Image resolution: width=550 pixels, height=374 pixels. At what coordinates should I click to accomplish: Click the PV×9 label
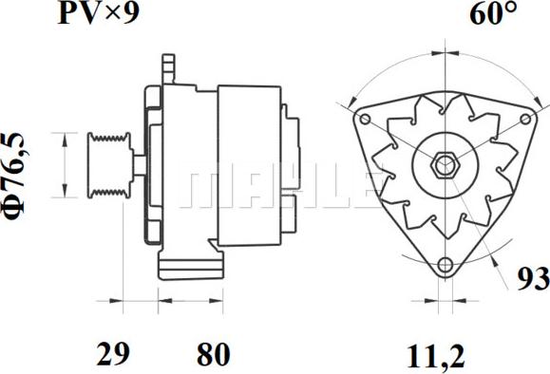tap(98, 13)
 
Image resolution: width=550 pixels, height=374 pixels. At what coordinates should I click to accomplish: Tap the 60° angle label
tap(493, 14)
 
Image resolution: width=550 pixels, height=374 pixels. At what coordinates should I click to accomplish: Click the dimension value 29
tap(113, 354)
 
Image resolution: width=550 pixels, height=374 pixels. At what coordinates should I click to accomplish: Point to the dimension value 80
tap(214, 354)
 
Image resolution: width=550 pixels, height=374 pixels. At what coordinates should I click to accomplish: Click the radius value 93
tap(533, 279)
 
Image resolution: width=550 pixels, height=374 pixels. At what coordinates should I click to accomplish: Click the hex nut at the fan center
tap(446, 165)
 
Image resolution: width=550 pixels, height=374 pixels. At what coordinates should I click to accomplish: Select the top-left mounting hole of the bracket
tap(365, 120)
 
